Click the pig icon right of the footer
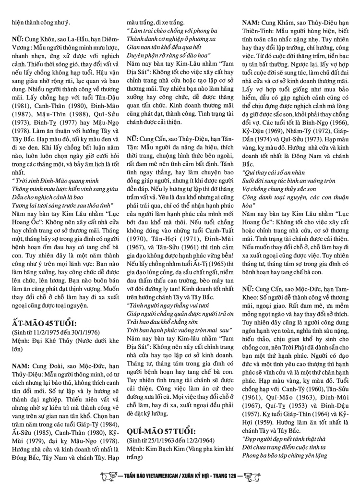(x=252, y=479)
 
